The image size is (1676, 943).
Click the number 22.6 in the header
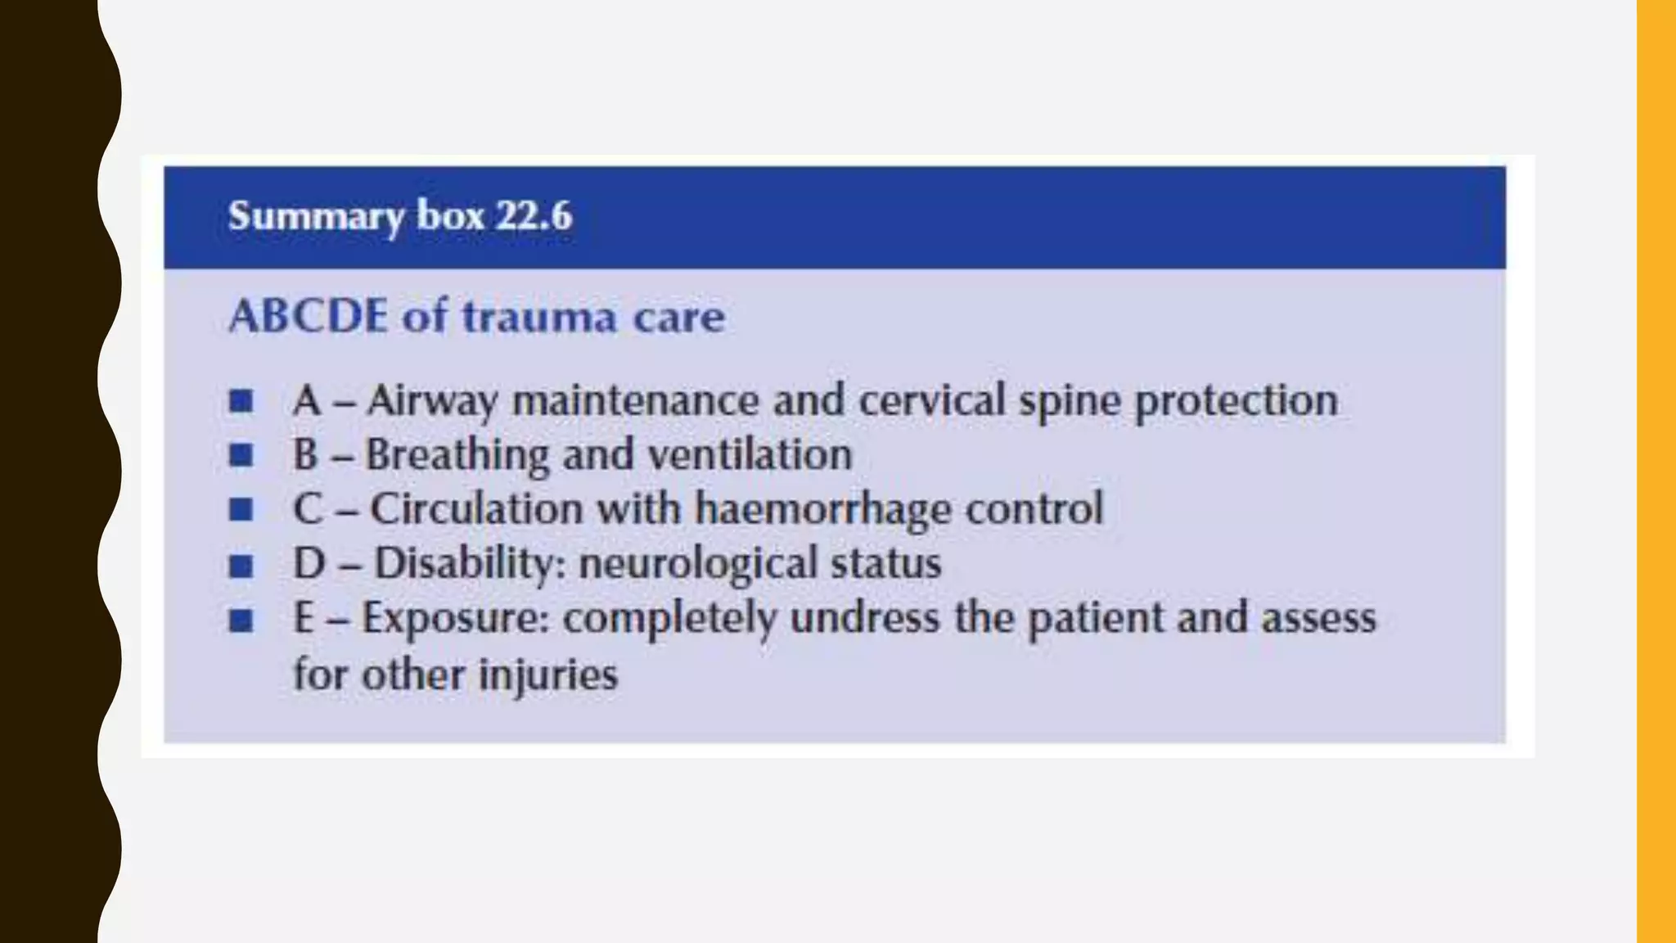(x=534, y=216)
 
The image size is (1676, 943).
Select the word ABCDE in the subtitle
(x=308, y=316)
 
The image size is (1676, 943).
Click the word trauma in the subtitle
(x=539, y=318)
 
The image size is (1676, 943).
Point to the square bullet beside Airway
(x=241, y=401)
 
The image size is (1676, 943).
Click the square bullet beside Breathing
(x=241, y=455)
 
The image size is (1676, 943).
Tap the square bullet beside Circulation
(x=241, y=510)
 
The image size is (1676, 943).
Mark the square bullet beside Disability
(x=241, y=566)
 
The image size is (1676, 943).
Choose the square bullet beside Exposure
(x=241, y=620)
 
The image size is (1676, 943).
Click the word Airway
(x=432, y=402)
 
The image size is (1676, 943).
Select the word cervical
(x=931, y=401)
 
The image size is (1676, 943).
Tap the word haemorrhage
(x=823, y=510)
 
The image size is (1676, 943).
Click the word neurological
(x=697, y=564)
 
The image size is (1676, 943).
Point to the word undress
(x=865, y=618)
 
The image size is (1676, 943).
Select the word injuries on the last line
(x=547, y=675)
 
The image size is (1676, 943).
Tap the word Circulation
(x=476, y=509)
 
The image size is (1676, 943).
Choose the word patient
(x=1096, y=619)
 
